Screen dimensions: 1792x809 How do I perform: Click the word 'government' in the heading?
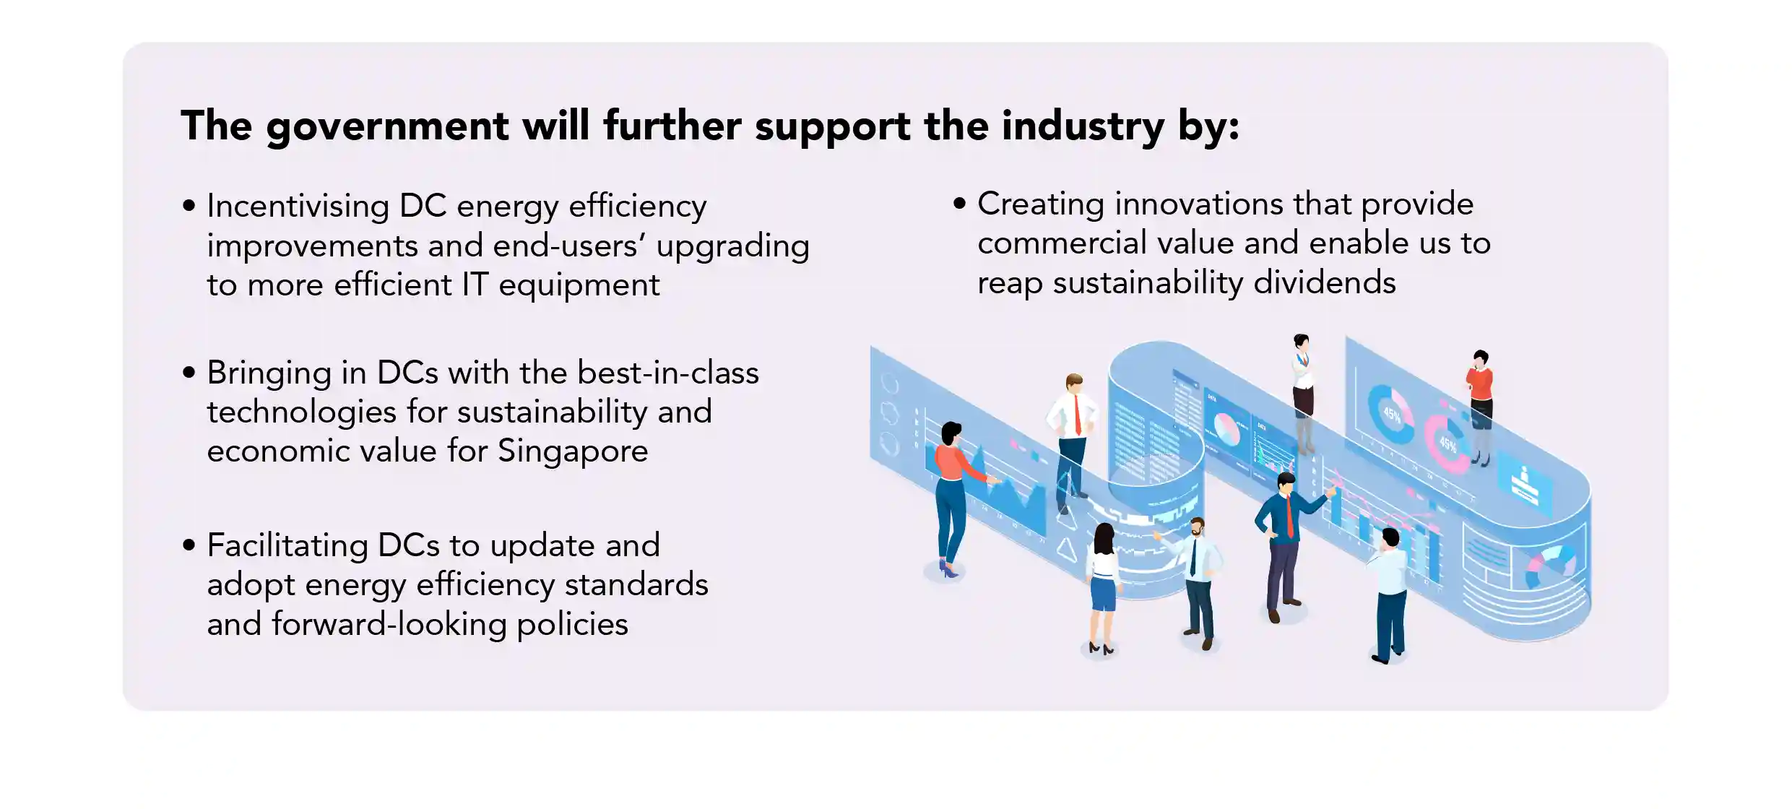click(387, 127)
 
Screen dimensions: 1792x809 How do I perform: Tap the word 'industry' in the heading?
click(1083, 127)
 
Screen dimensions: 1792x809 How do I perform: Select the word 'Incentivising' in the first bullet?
click(298, 207)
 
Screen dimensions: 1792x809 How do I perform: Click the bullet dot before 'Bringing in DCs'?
click(189, 373)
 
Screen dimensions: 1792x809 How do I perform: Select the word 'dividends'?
click(1325, 282)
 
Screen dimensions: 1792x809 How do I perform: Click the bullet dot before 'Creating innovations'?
click(959, 204)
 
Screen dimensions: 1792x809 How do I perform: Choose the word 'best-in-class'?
click(668, 373)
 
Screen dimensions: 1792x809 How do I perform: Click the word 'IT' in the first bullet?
click(475, 285)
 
